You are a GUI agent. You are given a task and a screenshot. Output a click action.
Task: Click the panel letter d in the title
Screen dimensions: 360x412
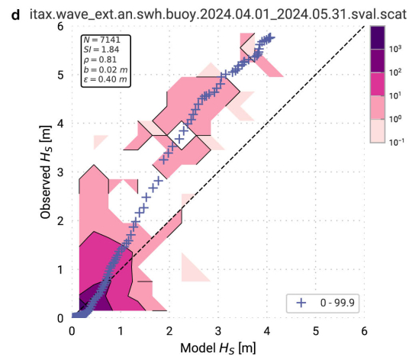tap(6, 9)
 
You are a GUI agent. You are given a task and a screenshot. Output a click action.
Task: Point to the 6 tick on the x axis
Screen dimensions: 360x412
tap(365, 331)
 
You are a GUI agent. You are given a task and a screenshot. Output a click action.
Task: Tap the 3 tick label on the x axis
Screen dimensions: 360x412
tap(218, 331)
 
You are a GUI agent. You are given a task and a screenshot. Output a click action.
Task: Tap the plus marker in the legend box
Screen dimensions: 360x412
tap(301, 302)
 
